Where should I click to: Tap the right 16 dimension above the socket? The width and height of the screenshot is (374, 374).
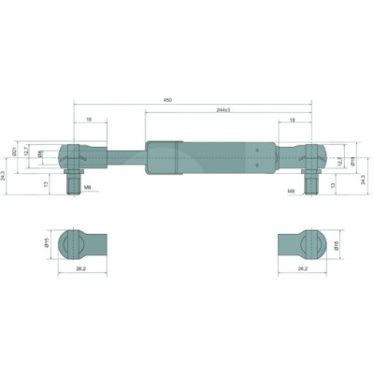coord(293,120)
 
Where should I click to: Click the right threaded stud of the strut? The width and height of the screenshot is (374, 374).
coord(309,184)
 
